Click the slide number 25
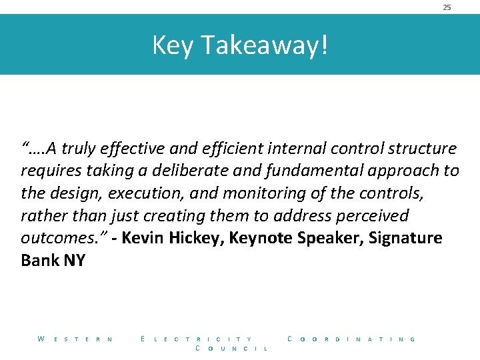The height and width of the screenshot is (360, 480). click(447, 7)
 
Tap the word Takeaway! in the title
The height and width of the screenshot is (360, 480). click(264, 45)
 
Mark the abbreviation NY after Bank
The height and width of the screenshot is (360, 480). click(74, 261)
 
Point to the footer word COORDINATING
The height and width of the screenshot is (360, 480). click(351, 339)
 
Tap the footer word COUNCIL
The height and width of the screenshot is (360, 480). click(231, 349)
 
